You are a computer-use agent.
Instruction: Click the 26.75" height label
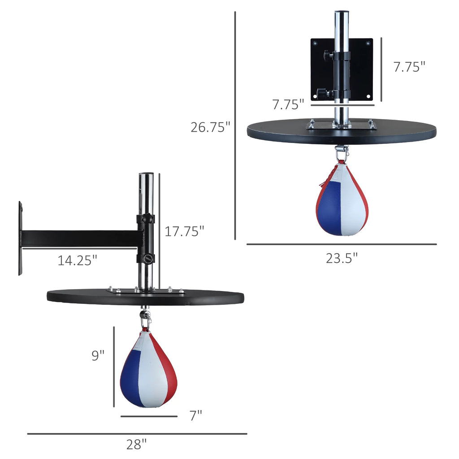point(210,127)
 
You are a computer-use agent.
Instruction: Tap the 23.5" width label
point(342,258)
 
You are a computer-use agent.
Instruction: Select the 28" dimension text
point(136,445)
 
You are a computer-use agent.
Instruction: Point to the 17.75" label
point(184,231)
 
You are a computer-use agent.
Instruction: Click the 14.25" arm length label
point(77,260)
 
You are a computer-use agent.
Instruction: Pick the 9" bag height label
point(98,355)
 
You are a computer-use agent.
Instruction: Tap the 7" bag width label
point(195,416)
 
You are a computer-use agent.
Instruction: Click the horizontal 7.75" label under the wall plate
point(288,104)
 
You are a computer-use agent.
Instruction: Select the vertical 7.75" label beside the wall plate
point(409,67)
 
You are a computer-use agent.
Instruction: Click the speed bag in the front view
point(342,201)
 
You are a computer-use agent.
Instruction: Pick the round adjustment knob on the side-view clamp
point(147,259)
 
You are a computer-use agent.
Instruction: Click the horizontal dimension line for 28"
point(137,433)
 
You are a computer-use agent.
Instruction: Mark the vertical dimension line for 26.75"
point(235,126)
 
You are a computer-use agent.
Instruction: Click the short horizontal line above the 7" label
point(149,416)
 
